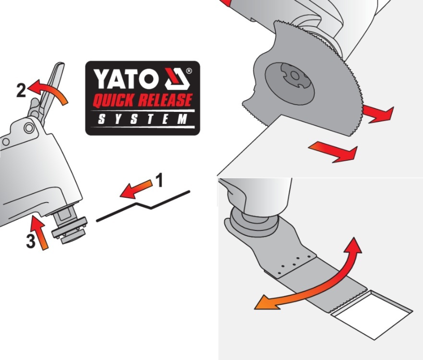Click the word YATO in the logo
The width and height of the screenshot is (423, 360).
(126, 79)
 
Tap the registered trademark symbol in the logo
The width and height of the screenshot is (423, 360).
(189, 71)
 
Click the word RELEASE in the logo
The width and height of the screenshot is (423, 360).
(165, 100)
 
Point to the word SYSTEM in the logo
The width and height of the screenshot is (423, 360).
(143, 119)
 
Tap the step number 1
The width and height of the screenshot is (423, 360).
(159, 180)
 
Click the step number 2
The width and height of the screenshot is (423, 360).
(21, 90)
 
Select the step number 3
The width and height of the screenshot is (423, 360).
(31, 241)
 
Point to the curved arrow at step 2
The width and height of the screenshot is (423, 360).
(50, 90)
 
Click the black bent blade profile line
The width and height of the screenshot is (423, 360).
(143, 206)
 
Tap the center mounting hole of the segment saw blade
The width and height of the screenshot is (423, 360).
(295, 76)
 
